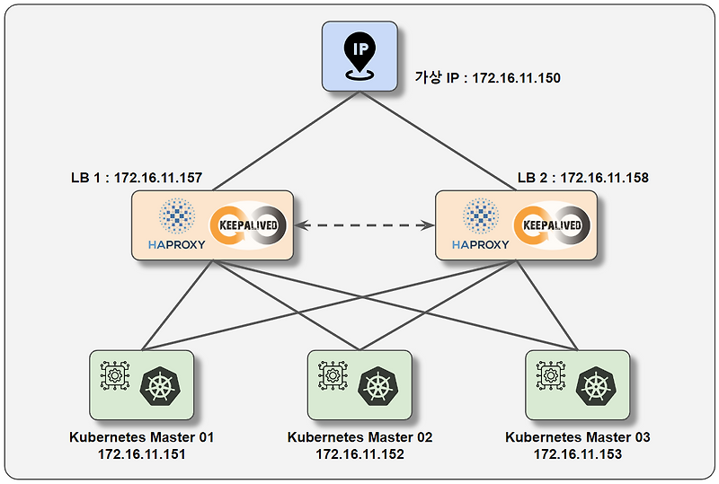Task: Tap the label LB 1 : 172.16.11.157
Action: tap(136, 178)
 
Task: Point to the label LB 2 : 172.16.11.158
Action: tap(582, 178)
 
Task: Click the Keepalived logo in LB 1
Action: tap(248, 224)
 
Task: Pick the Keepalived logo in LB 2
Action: tap(552, 224)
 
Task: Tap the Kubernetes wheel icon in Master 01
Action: tap(161, 387)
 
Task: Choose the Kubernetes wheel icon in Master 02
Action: tap(378, 387)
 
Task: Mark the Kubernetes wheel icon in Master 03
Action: tap(596, 387)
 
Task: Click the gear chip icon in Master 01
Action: tap(115, 375)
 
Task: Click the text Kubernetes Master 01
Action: tap(142, 437)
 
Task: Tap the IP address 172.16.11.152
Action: tap(359, 454)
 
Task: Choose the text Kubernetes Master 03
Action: tap(578, 437)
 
